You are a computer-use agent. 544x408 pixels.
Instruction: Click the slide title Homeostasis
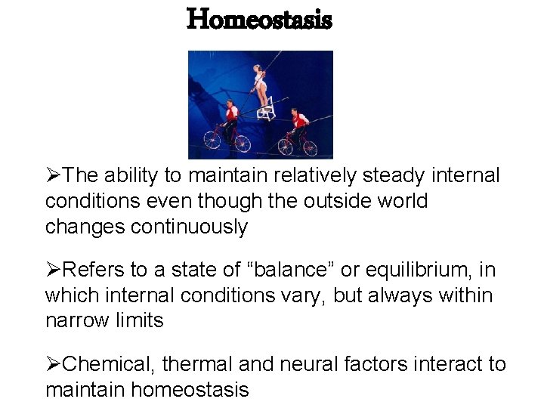click(x=259, y=20)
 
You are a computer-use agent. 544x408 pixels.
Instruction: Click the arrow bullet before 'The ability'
click(x=53, y=176)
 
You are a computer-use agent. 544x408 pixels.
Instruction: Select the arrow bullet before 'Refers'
click(x=53, y=271)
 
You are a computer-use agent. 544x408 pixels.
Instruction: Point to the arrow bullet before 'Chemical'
click(x=53, y=366)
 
